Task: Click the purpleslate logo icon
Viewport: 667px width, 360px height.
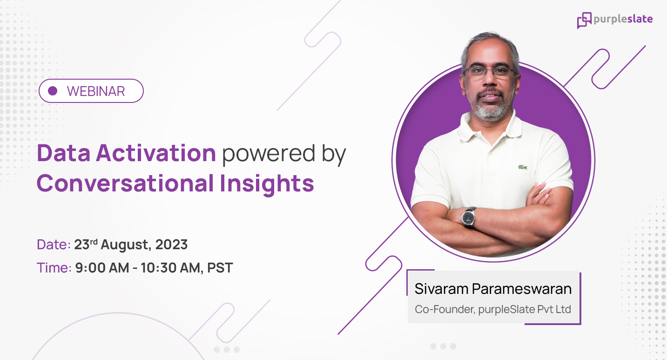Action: tap(584, 20)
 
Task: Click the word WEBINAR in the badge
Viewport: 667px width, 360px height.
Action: tap(96, 91)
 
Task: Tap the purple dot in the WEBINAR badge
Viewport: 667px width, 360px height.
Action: tap(53, 91)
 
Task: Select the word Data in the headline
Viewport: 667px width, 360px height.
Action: tap(63, 153)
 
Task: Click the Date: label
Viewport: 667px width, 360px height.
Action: tap(54, 245)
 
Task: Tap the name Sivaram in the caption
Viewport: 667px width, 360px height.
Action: tap(441, 289)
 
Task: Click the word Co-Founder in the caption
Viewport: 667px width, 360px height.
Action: tap(443, 309)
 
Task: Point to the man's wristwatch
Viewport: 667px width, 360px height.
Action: tap(469, 217)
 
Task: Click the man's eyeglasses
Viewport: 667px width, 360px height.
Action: tap(489, 72)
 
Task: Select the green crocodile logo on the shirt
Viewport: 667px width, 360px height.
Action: tap(523, 167)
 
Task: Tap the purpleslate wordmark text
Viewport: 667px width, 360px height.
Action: tap(623, 20)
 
